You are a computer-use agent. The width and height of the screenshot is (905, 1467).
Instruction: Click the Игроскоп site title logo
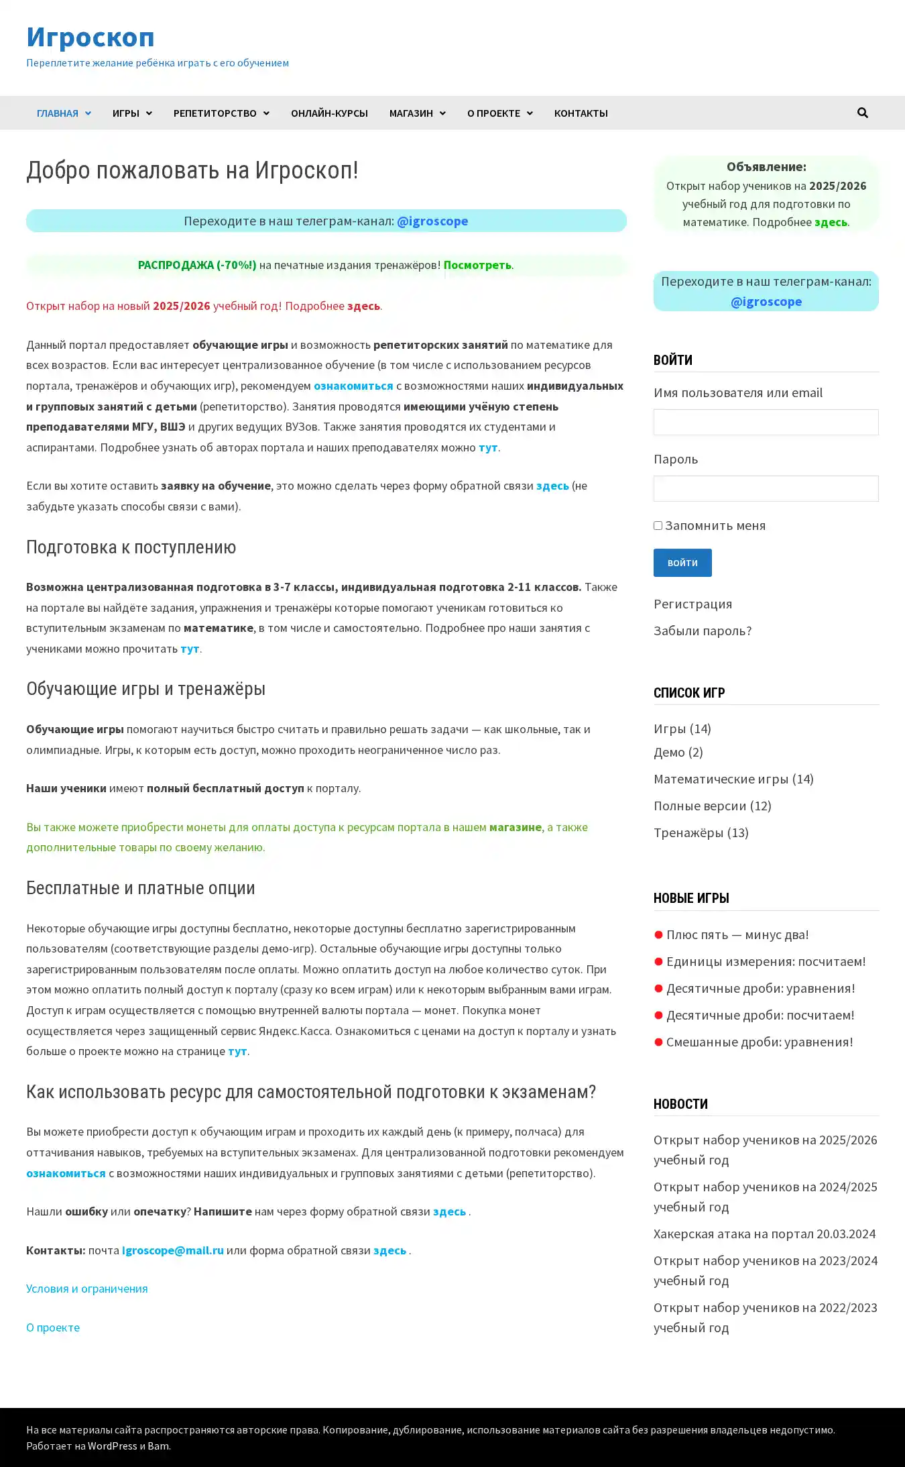coord(90,37)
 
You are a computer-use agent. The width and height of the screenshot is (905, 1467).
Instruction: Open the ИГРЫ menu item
coord(131,113)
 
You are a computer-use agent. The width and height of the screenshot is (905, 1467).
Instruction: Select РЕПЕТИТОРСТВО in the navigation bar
coord(221,113)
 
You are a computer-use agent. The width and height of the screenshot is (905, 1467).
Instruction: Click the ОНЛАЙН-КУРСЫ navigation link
coord(329,113)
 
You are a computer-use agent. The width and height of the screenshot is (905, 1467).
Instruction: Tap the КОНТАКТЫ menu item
coord(581,113)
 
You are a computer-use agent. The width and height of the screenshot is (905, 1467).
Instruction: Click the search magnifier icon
coord(862,113)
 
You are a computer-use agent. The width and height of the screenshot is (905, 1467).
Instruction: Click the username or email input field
coord(766,422)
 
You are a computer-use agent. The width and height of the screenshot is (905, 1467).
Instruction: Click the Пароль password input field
coord(766,488)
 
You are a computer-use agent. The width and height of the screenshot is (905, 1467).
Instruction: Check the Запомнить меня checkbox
coord(658,526)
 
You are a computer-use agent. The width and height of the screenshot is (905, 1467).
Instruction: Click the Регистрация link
coord(692,604)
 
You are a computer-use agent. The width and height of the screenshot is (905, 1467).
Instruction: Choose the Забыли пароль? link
coord(702,631)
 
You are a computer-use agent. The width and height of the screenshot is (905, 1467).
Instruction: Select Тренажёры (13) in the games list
coord(701,832)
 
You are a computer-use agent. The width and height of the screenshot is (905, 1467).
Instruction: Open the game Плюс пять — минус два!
coord(737,934)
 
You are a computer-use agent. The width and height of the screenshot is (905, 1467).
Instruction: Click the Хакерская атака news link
coord(764,1234)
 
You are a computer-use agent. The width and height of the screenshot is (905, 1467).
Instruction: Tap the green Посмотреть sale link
coord(477,265)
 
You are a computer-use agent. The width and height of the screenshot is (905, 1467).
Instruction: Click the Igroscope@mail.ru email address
coord(172,1250)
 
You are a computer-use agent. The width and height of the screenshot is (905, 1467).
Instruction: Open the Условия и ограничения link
coord(87,1289)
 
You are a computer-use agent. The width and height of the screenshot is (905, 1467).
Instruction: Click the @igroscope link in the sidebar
coord(766,301)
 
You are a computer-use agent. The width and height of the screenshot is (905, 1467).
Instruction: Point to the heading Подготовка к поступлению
coord(131,547)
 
